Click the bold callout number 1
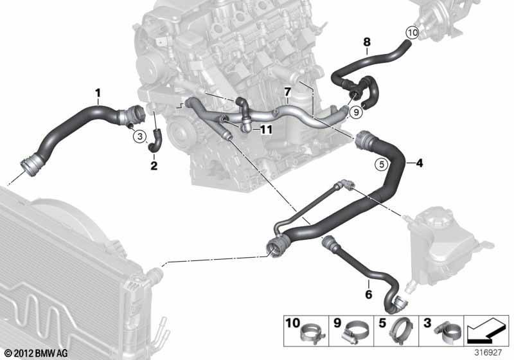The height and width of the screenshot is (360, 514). (98, 93)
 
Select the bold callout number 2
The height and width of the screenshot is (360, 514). (154, 166)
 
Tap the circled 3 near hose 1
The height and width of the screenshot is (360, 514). (140, 136)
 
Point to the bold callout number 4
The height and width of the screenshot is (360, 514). (420, 163)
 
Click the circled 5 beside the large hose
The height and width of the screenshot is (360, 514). (382, 164)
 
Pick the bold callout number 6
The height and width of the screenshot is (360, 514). (369, 294)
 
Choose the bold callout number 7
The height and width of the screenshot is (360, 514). (287, 92)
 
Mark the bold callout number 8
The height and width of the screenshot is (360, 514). (367, 42)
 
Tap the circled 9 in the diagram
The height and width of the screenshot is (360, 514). (357, 112)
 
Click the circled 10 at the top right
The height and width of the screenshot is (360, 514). (412, 33)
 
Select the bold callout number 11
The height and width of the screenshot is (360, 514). (266, 130)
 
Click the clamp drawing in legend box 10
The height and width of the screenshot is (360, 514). (312, 333)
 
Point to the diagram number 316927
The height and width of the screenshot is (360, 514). (488, 353)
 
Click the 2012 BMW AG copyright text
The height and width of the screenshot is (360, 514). (37, 353)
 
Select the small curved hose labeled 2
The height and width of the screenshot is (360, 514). (155, 141)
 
